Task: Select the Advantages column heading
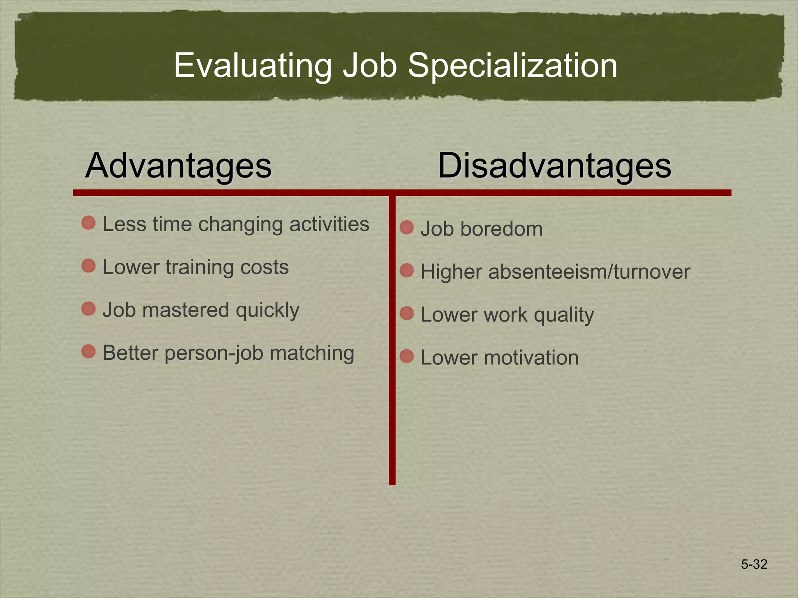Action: [178, 165]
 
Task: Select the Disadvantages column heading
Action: [554, 165]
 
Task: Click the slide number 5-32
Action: [754, 564]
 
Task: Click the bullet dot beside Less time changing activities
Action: [89, 223]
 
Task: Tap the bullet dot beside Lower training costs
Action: [89, 266]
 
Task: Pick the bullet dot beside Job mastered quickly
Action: [89, 309]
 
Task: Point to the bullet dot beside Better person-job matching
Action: [89, 352]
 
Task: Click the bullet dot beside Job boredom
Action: [407, 227]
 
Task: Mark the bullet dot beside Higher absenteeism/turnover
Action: [407, 270]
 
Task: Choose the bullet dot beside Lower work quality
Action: [407, 313]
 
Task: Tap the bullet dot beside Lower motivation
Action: [407, 356]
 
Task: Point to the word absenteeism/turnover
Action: [589, 272]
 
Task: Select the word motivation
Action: [531, 357]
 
